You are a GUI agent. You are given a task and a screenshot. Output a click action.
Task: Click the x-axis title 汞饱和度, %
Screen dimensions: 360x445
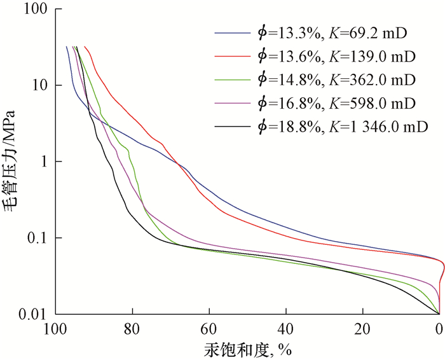coord(247,349)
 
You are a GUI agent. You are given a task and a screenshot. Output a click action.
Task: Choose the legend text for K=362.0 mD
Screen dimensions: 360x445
coord(336,80)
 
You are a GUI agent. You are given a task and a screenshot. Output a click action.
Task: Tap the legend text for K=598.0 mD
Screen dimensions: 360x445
coord(336,103)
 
